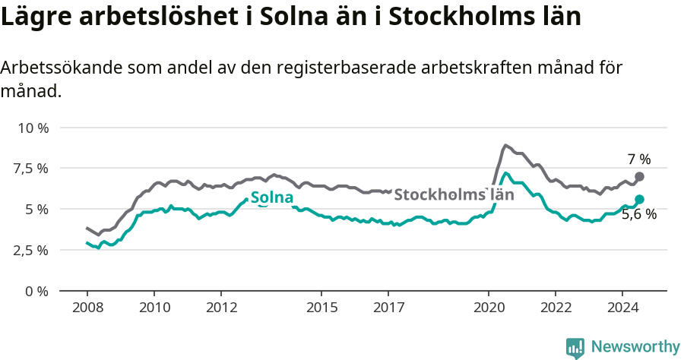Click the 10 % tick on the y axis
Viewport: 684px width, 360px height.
(x=33, y=128)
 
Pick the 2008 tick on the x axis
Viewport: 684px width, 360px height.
(x=87, y=308)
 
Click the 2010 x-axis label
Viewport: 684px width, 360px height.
(x=154, y=308)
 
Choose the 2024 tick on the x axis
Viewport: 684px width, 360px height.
(x=622, y=308)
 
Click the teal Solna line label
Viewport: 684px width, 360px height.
(x=272, y=199)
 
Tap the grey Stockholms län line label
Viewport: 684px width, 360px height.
(x=454, y=194)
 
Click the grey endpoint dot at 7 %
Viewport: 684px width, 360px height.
(x=639, y=176)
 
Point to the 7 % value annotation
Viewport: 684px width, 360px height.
(x=638, y=159)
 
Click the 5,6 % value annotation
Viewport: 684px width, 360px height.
(x=638, y=215)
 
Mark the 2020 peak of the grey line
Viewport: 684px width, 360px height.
(x=505, y=145)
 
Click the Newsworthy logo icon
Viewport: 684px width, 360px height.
(x=575, y=348)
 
